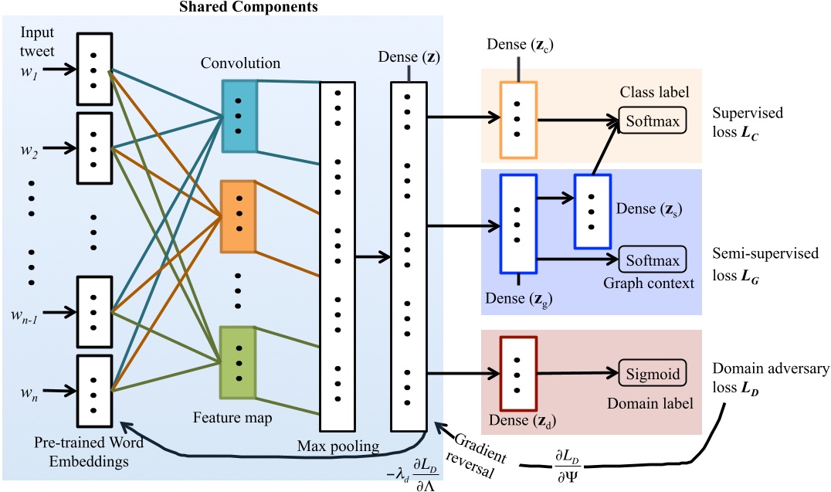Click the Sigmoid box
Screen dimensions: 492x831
pyautogui.click(x=651, y=374)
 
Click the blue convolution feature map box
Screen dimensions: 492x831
pyautogui.click(x=239, y=116)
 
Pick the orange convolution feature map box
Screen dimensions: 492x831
pyautogui.click(x=238, y=216)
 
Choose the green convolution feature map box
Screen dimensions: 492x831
pyautogui.click(x=238, y=363)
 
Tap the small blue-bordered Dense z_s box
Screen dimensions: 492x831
pyautogui.click(x=592, y=211)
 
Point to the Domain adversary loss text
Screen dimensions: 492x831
pyautogui.click(x=768, y=378)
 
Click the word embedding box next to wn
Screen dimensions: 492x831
pyautogui.click(x=94, y=384)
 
